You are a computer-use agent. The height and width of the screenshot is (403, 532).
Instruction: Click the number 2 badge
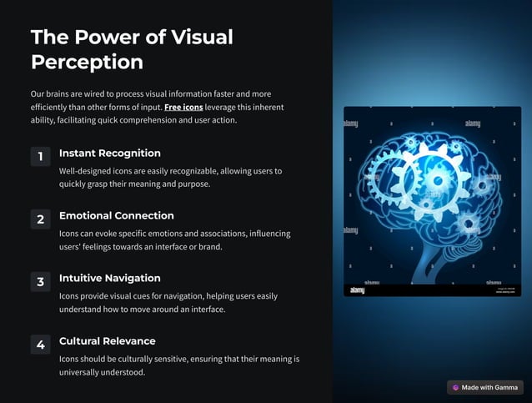coord(40,219)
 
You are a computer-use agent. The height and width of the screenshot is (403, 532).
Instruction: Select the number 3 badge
coord(40,282)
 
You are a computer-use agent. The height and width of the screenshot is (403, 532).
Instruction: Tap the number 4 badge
coord(40,345)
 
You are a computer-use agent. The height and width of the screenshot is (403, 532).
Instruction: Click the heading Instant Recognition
coord(110,154)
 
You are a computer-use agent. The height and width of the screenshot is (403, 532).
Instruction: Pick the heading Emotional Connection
coord(117,216)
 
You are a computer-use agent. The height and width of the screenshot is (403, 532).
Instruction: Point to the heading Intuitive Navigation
coord(110,279)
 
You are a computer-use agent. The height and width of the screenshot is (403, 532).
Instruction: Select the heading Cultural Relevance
coord(107,341)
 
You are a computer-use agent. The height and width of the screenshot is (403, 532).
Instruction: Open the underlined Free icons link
coord(183,108)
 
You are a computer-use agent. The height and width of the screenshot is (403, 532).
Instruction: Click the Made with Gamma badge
coord(486,387)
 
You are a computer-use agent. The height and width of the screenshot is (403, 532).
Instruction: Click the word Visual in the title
coord(201,37)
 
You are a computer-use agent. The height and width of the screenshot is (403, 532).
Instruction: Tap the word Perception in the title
coord(87,62)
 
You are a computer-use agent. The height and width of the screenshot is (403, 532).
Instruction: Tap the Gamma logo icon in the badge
coord(456,387)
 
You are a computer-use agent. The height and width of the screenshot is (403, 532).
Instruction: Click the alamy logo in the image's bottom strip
coord(357,290)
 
